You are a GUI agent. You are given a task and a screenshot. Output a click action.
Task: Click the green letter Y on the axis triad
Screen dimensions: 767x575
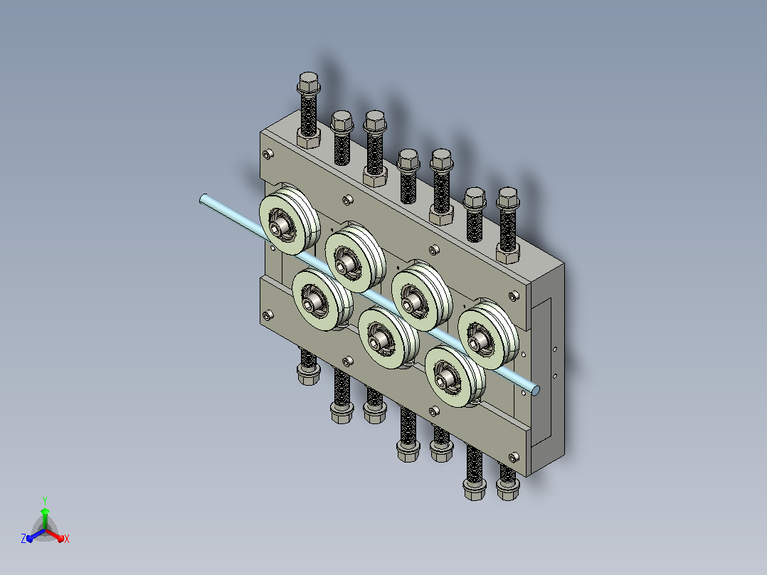click(45, 500)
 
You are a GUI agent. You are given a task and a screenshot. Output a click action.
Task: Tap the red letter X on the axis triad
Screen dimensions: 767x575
click(67, 539)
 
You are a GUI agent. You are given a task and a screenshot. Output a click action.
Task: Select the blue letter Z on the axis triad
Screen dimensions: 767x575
click(23, 539)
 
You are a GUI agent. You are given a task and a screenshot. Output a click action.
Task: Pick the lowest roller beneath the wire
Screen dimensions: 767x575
click(455, 376)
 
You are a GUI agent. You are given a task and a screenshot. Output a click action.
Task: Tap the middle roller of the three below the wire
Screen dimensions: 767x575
click(388, 337)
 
